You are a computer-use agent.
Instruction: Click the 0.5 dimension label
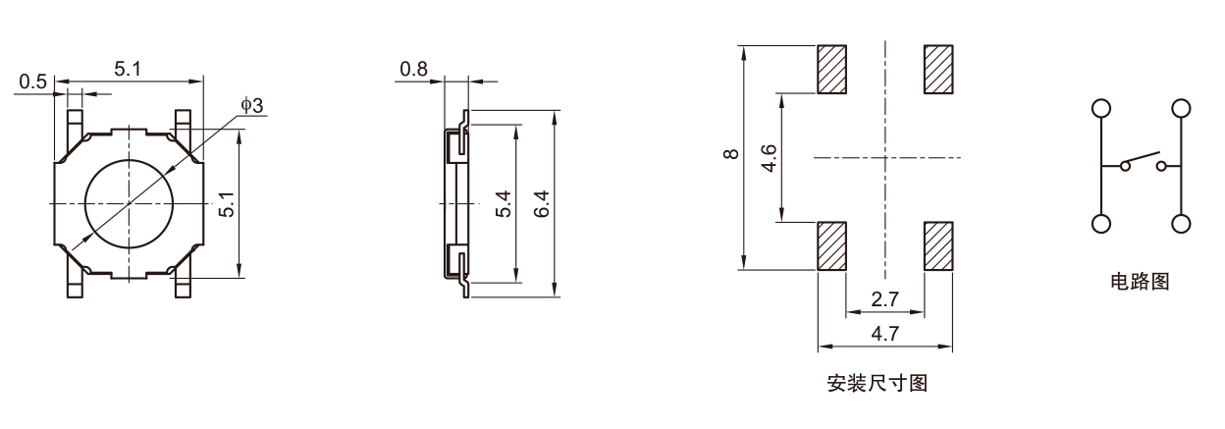point(32,81)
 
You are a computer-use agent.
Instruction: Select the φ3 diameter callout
point(252,105)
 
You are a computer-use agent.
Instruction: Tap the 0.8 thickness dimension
point(413,69)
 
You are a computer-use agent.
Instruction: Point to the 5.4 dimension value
point(504,203)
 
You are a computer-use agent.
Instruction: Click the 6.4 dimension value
point(541,203)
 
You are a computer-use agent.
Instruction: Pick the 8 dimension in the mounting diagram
point(730,154)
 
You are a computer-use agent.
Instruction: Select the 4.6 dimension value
point(770,158)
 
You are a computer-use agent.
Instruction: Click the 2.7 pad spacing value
point(884,299)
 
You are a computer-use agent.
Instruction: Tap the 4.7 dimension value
point(884,333)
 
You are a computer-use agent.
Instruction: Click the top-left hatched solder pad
point(831,70)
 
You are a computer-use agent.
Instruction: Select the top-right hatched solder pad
point(938,70)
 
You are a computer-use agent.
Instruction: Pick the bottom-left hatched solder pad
point(831,246)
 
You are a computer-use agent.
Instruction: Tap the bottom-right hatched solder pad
point(938,246)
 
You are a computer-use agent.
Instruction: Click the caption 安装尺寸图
point(878,383)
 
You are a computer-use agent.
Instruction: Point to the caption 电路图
point(1140,282)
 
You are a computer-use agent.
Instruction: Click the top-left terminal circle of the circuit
point(1101,108)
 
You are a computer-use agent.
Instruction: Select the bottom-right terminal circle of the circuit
point(1181,224)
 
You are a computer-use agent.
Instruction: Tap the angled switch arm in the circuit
point(1141,159)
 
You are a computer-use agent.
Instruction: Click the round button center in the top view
point(129,203)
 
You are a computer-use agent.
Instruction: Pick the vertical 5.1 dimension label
point(227,204)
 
